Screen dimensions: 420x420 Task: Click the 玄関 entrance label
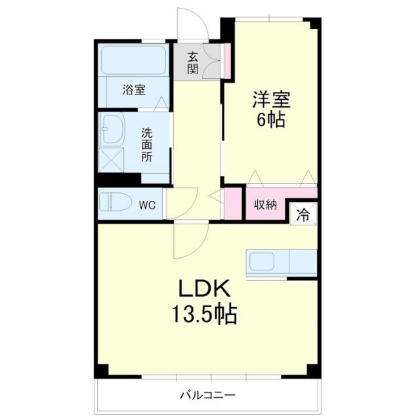tap(192, 62)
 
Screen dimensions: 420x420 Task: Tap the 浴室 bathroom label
tap(134, 90)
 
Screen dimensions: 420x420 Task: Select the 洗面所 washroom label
tap(147, 145)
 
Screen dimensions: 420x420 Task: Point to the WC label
tap(146, 204)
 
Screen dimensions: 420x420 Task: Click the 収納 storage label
tap(265, 205)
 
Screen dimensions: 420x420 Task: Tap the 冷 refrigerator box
tap(304, 213)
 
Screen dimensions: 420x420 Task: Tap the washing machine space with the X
tap(111, 159)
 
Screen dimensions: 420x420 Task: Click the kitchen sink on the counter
tap(266, 261)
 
